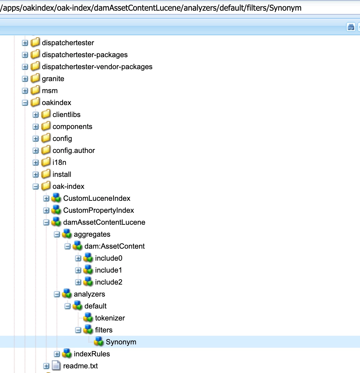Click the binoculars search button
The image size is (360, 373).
(351, 27)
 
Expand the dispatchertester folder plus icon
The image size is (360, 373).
(25, 43)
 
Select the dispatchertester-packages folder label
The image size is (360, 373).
(85, 55)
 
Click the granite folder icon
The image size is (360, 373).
(35, 79)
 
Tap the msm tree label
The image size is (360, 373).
(50, 91)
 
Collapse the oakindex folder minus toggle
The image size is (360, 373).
(25, 103)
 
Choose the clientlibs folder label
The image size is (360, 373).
(67, 115)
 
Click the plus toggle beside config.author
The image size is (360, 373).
(36, 151)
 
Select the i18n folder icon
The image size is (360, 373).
(46, 163)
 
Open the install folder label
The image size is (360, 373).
(62, 175)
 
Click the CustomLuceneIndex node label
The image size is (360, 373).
(97, 198)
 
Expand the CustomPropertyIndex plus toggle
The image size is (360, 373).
(46, 210)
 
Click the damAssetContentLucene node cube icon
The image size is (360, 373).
(57, 222)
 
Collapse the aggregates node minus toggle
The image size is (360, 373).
(57, 234)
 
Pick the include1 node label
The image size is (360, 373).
(108, 270)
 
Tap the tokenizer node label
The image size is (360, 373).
(110, 318)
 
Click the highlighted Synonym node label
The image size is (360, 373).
(121, 342)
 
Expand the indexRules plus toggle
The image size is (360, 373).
(57, 354)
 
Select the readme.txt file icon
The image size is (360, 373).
(57, 366)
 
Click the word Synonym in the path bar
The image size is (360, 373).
(285, 8)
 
